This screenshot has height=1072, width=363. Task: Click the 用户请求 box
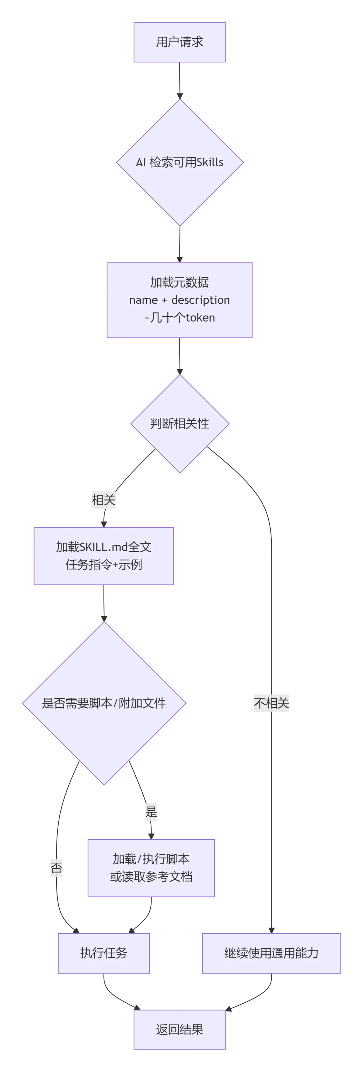pyautogui.click(x=179, y=42)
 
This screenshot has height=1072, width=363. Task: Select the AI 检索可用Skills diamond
pyautogui.click(x=179, y=162)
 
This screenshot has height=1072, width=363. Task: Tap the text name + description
pyautogui.click(x=179, y=300)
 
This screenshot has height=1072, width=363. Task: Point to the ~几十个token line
pyautogui.click(x=179, y=318)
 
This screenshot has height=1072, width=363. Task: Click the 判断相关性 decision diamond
pyautogui.click(x=179, y=424)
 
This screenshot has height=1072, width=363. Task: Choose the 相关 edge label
pyautogui.click(x=104, y=500)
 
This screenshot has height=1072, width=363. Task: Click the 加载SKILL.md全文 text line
pyautogui.click(x=104, y=547)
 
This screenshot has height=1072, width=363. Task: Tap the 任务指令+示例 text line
pyautogui.click(x=104, y=565)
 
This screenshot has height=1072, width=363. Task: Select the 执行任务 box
pyautogui.click(x=104, y=953)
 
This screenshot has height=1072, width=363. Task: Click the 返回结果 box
pyautogui.click(x=179, y=1030)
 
